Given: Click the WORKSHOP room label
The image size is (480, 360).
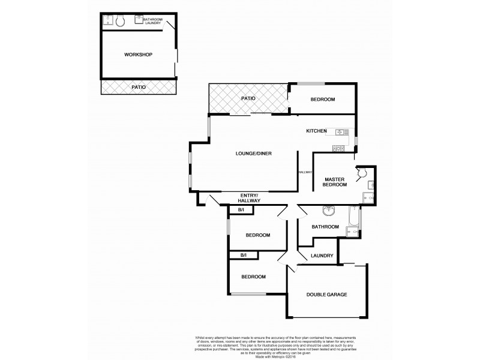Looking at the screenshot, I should pos(138,55).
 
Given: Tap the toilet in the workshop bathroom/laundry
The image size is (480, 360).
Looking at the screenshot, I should pos(120,22).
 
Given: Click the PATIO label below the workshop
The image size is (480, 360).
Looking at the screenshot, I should pos(138,88).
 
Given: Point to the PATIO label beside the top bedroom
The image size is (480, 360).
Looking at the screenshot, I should pos(248,98).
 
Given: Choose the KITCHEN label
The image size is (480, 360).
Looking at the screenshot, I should pos(316,131).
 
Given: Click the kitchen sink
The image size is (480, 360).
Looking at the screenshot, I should pos(341,132).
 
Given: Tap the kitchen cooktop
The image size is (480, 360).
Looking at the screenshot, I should pos(338,148).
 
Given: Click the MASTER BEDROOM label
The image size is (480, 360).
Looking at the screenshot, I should pos(335,182).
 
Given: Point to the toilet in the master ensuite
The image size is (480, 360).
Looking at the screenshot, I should pos(362,173).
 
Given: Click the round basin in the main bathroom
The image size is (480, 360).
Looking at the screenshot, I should pos(329,211).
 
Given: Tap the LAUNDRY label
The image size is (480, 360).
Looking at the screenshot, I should pos(322,256).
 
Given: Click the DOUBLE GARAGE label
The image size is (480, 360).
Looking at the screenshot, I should pos(327,295).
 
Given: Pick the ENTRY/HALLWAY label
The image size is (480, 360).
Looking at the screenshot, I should pos(250,199).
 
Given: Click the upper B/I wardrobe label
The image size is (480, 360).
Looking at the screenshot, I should pos(241,210).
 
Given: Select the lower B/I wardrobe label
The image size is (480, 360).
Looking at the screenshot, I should pos(244,256).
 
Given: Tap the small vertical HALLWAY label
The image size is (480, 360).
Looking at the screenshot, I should pos(305,172).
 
